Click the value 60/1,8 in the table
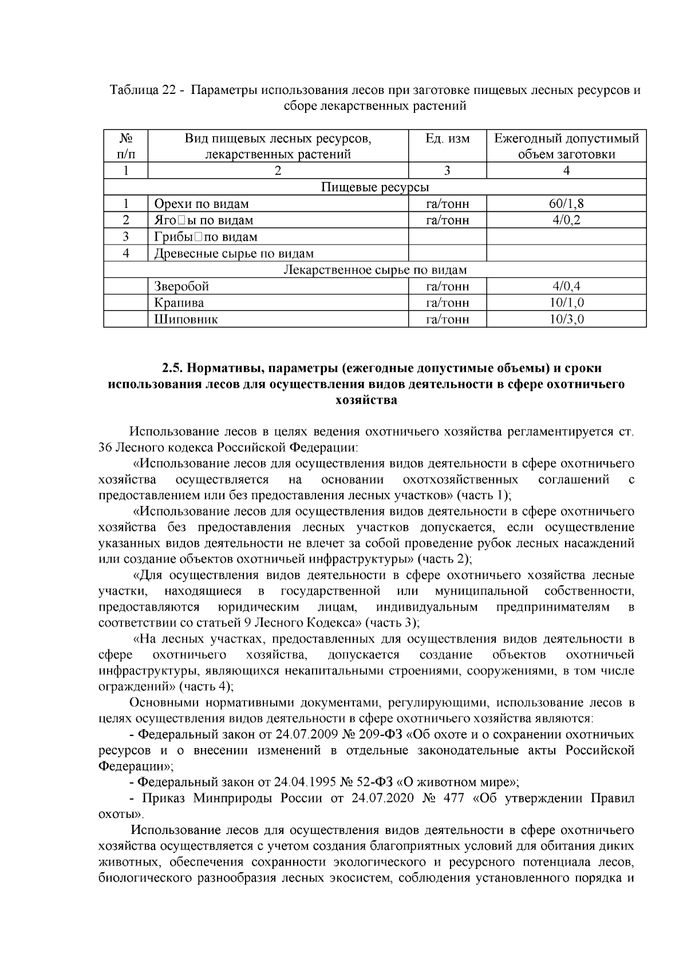pos(566,204)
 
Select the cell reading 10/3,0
pos(566,320)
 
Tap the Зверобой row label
pos(181,286)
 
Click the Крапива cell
pos(179,303)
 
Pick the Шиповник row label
pos(185,320)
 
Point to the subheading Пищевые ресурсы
pos(375,187)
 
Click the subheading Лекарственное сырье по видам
pos(375,270)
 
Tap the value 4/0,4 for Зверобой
pos(566,286)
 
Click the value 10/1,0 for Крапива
pos(566,303)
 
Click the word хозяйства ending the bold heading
pos(366,400)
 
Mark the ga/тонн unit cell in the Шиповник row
pos(447,320)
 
